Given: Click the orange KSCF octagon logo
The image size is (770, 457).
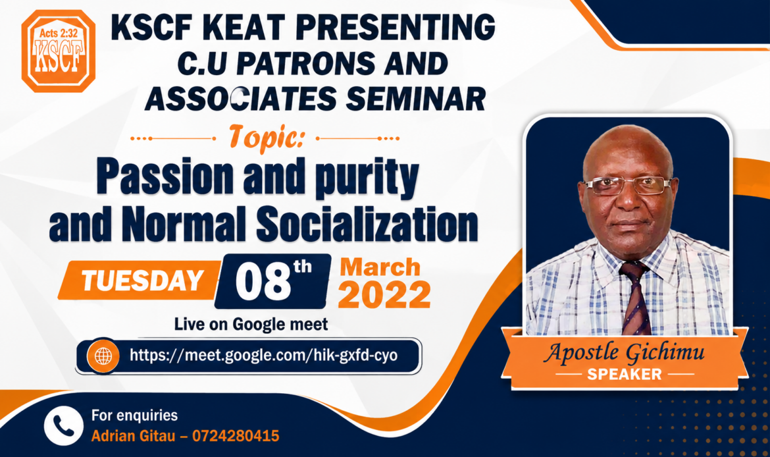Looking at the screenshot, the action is (x=59, y=51).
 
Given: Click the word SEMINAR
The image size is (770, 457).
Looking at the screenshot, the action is (x=416, y=99).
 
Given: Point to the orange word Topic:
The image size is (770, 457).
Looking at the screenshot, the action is (x=267, y=138).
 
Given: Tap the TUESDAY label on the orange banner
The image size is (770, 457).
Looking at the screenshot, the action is (x=142, y=281).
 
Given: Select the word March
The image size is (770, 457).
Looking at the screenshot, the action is (x=380, y=267).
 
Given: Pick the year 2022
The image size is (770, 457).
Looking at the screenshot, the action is (x=384, y=295).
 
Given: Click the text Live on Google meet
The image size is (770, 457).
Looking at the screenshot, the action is (x=251, y=325).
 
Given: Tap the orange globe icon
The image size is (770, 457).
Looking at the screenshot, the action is (x=103, y=356).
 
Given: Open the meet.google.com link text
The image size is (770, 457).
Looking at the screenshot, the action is (x=264, y=355).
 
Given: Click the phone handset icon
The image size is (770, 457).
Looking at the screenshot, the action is (x=63, y=426).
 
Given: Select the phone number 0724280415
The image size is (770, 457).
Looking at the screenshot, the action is (x=236, y=436).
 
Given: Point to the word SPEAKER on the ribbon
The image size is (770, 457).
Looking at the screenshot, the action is (x=624, y=375).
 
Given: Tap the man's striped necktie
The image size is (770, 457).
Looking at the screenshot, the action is (x=636, y=298).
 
